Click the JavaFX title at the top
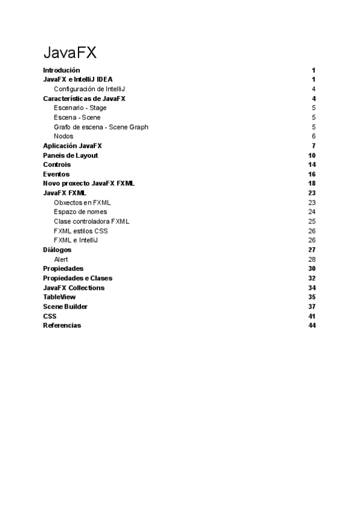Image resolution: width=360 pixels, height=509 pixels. pyautogui.click(x=70, y=53)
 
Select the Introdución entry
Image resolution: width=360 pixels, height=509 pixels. pyautogui.click(x=61, y=70)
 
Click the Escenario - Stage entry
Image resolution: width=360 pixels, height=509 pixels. pyautogui.click(x=80, y=108)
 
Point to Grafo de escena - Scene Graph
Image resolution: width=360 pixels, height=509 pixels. pyautogui.click(x=101, y=127)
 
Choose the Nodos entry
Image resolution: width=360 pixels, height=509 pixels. pyautogui.click(x=64, y=136)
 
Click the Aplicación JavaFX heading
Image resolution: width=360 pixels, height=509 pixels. pyautogui.click(x=77, y=146)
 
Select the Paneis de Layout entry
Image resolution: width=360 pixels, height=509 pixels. pyautogui.click(x=71, y=155)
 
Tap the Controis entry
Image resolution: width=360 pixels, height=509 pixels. pyautogui.click(x=57, y=164)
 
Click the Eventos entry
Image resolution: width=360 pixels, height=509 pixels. pyautogui.click(x=56, y=174)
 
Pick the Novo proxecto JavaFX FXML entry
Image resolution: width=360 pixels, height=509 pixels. pyautogui.click(x=89, y=183)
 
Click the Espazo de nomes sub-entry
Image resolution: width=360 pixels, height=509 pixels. pyautogui.click(x=80, y=212)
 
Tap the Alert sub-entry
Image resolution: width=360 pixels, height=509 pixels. pyautogui.click(x=61, y=259)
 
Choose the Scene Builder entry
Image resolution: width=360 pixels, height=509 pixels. pyautogui.click(x=65, y=307)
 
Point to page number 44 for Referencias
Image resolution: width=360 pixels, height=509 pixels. pyautogui.click(x=311, y=325)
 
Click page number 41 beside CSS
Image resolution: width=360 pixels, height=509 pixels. pyautogui.click(x=311, y=316)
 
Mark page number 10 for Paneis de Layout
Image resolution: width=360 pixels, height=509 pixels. pyautogui.click(x=311, y=155)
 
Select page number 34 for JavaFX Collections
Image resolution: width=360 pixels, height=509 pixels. pyautogui.click(x=311, y=288)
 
